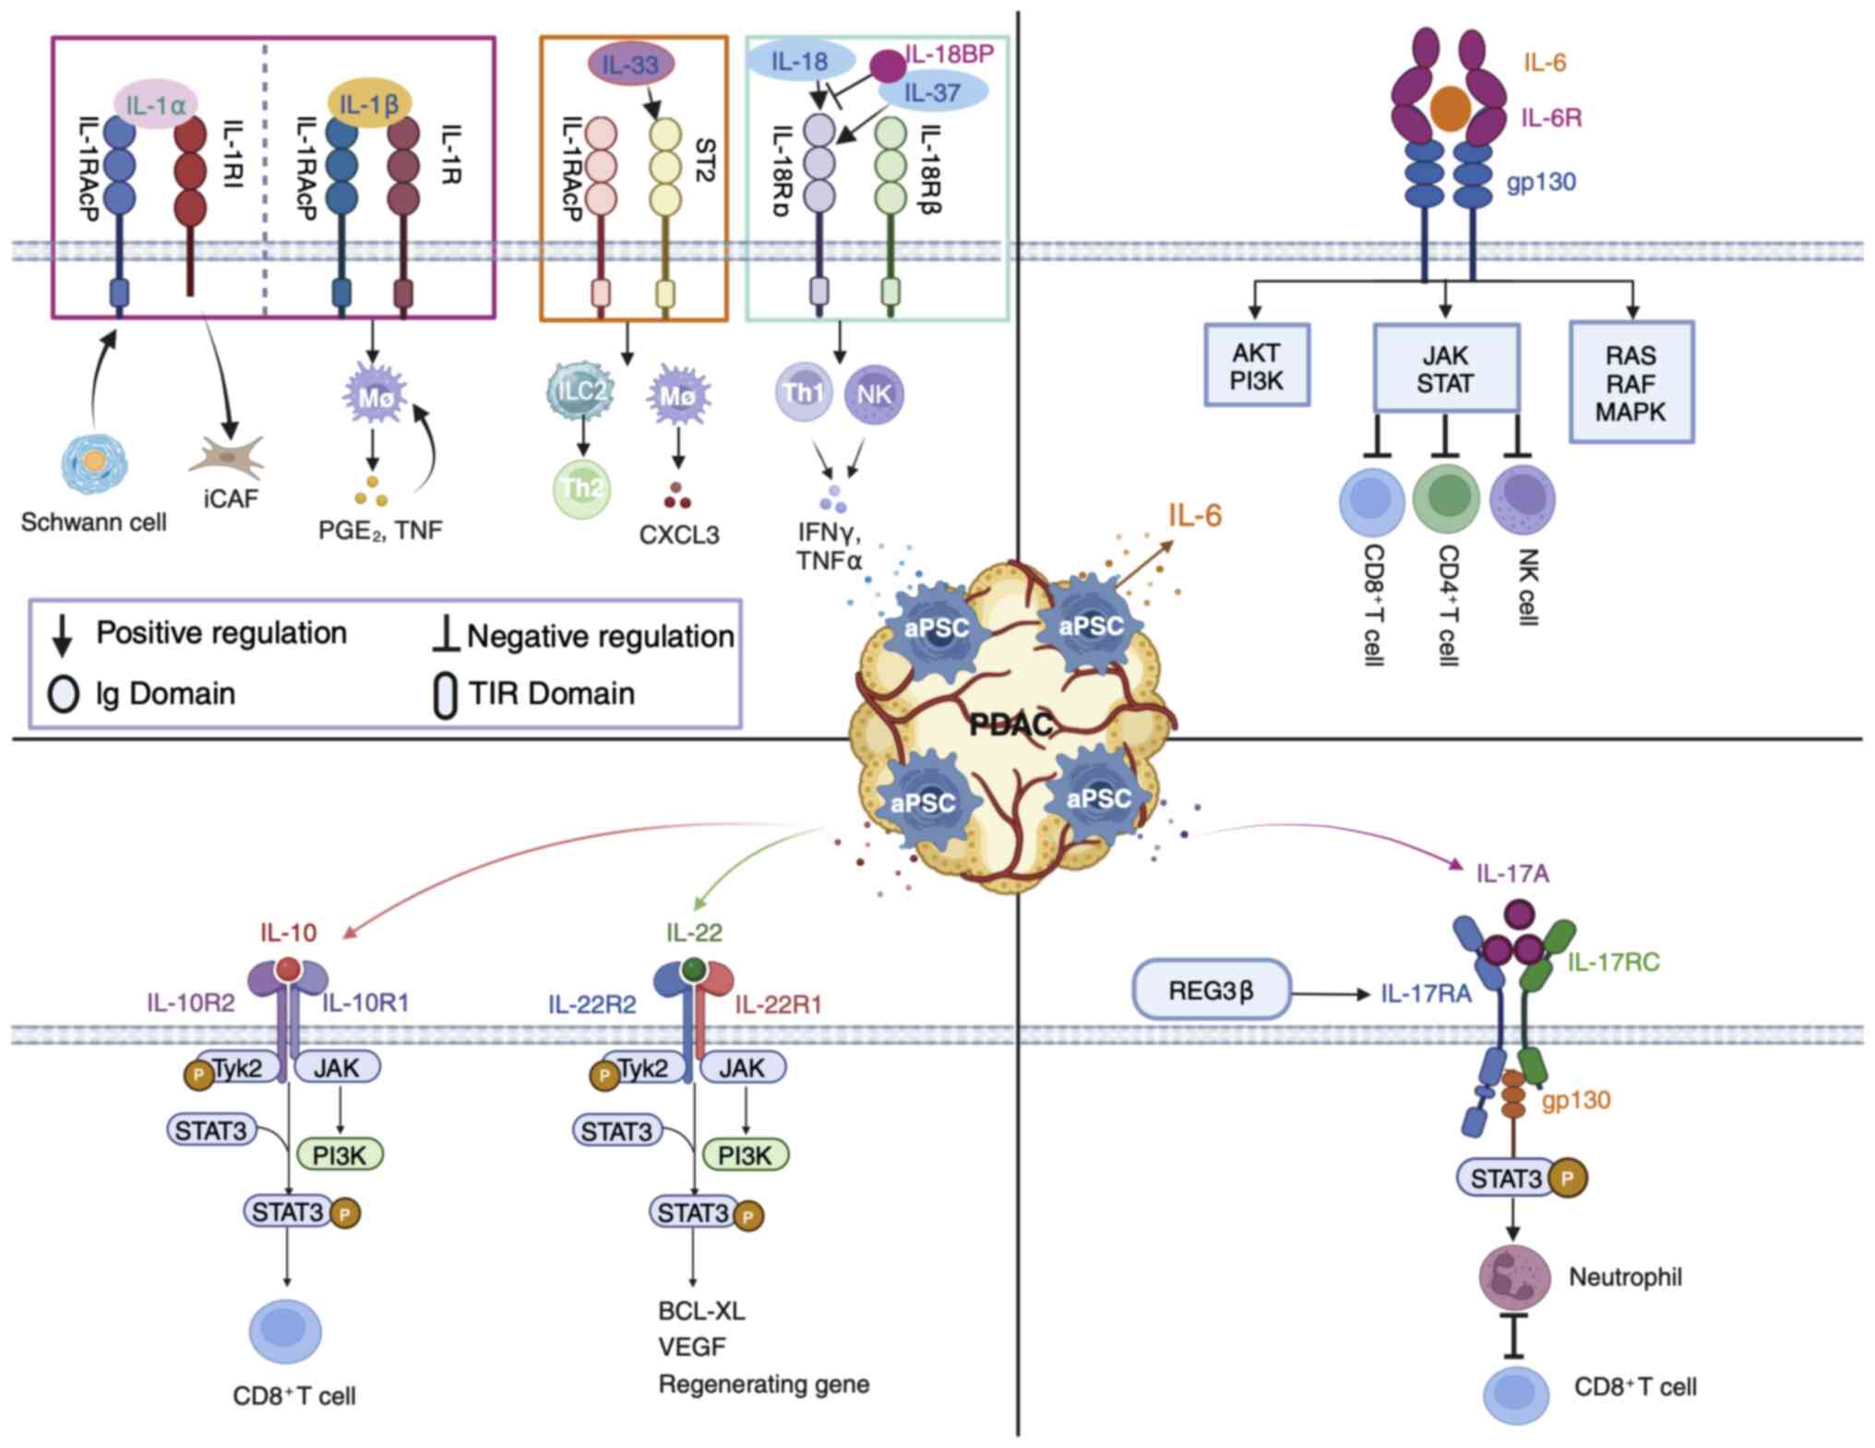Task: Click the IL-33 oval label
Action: coord(631,65)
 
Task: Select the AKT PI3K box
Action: coord(1257,365)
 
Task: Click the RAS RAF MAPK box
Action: coord(1630,383)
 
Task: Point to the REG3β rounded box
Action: coord(1211,990)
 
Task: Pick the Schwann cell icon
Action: coord(94,464)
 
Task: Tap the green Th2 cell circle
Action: coord(582,488)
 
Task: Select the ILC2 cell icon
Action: coord(580,392)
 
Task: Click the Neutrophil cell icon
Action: coord(1514,1277)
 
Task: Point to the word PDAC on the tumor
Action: coord(1011,725)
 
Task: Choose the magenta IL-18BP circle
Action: coord(890,66)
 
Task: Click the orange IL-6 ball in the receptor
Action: coord(1450,108)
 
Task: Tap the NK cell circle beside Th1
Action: coord(874,394)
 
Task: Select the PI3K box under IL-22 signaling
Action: coord(745,1155)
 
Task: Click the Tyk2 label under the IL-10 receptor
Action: coord(237,1069)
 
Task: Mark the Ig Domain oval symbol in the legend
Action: coord(63,694)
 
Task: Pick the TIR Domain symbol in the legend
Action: coord(446,696)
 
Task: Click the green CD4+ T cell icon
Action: coord(1447,498)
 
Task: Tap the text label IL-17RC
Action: coord(1613,963)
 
